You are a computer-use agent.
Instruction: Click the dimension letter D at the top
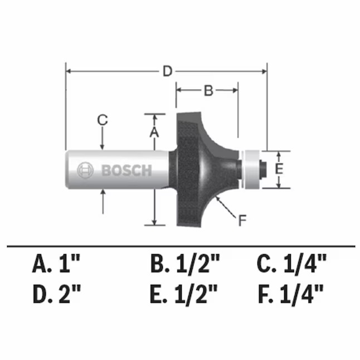click(x=166, y=71)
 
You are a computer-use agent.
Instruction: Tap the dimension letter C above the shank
click(x=102, y=119)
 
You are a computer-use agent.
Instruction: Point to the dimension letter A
click(x=155, y=132)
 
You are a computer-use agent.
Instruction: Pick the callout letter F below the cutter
click(x=242, y=221)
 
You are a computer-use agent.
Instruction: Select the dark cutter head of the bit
click(x=195, y=167)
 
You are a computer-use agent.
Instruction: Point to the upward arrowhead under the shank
click(x=103, y=192)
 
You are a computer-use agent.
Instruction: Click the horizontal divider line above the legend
click(x=180, y=246)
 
